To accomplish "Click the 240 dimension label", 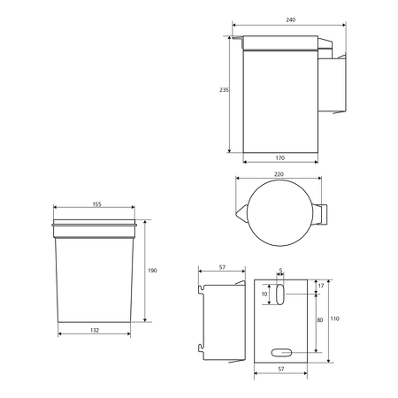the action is tap(291, 19).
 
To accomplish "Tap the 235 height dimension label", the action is tap(224, 90).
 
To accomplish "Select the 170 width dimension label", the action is tap(280, 157).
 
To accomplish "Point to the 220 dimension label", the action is tap(279, 174).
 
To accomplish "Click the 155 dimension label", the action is tap(96, 204).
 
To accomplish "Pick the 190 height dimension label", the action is tap(152, 271).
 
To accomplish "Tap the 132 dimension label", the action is tap(95, 330).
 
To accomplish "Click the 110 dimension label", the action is tap(334, 318).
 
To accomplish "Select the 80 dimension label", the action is tap(320, 320).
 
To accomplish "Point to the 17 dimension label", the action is tap(321, 286).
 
